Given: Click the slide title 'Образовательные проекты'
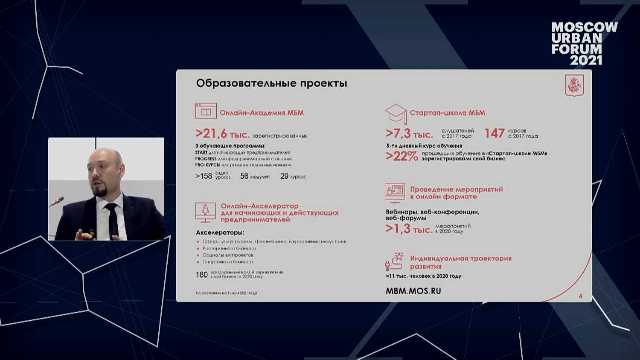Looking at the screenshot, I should pyautogui.click(x=271, y=83).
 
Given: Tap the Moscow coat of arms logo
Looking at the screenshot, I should pyautogui.click(x=574, y=85).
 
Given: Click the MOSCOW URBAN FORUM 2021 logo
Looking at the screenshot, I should pyautogui.click(x=584, y=44).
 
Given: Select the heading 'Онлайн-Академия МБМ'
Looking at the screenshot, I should pyautogui.click(x=262, y=113).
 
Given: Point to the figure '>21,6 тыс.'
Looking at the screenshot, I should pyautogui.click(x=222, y=134).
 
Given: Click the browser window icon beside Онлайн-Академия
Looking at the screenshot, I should pyautogui.click(x=206, y=111).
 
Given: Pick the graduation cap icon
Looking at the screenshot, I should pyautogui.click(x=396, y=113).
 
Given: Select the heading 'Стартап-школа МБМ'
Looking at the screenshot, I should pyautogui.click(x=447, y=113).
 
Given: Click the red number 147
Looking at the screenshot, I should pyautogui.click(x=495, y=134).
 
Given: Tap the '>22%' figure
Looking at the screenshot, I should pyautogui.click(x=401, y=156).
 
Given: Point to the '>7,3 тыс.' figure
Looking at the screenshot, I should pyautogui.click(x=409, y=134).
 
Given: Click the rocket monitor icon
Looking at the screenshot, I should pyautogui.click(x=205, y=212).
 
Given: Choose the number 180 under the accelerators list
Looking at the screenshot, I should pyautogui.click(x=202, y=275).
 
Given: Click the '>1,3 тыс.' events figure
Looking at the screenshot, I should pyautogui.click(x=409, y=229).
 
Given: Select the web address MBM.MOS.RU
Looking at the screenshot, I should pyautogui.click(x=413, y=291).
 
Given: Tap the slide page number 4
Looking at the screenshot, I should pyautogui.click(x=580, y=296).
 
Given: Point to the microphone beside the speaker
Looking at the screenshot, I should pyautogui.click(x=56, y=202).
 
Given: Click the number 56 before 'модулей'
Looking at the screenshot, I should pyautogui.click(x=244, y=176).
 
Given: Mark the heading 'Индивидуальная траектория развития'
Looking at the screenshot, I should pyautogui.click(x=460, y=262).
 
